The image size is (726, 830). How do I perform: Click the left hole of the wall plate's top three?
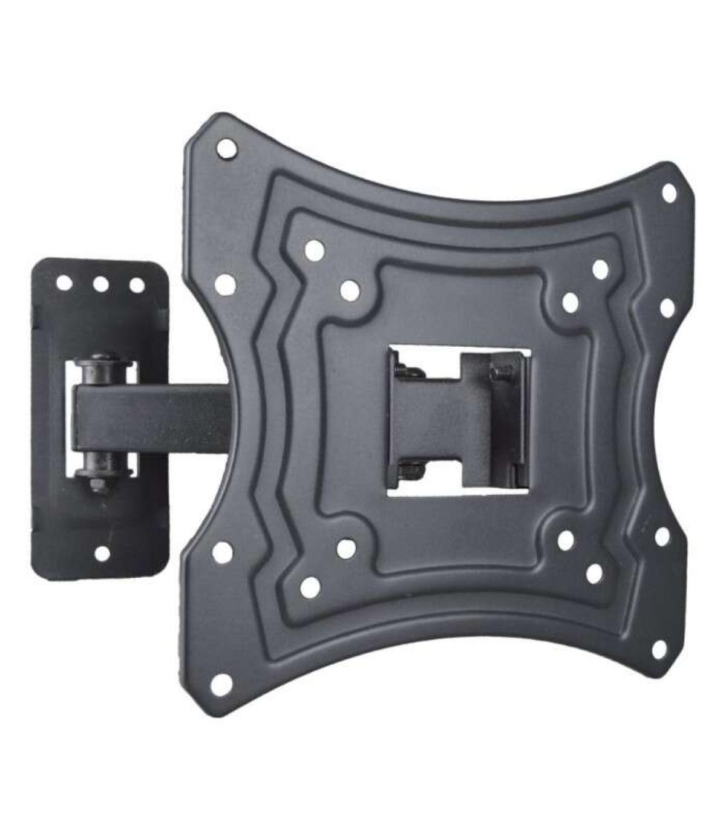64,283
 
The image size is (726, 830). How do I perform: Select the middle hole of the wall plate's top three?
100,283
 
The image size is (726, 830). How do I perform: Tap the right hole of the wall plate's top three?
137,284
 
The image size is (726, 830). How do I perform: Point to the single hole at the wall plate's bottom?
102,552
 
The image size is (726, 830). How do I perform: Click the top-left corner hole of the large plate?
226,148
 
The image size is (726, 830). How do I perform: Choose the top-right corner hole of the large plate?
669,193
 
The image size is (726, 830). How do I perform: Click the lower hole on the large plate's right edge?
662,535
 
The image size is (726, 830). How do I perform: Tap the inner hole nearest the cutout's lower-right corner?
566,540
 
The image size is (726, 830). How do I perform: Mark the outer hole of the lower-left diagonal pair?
310,585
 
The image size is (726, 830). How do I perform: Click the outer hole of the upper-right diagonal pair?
600,270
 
